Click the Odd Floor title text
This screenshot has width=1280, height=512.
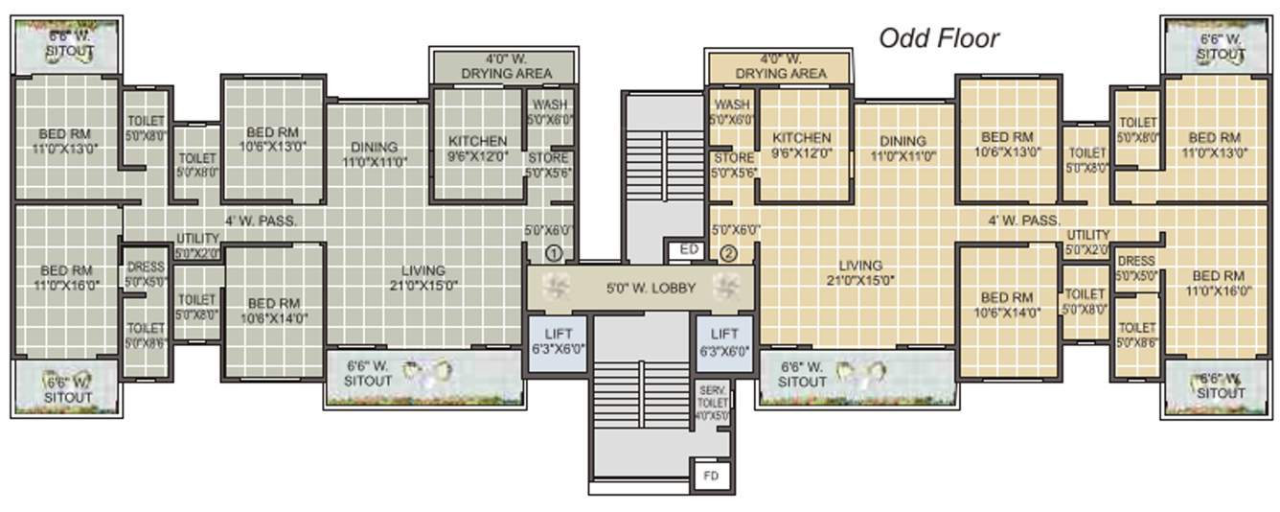pos(939,38)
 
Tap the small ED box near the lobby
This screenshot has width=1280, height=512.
pos(688,250)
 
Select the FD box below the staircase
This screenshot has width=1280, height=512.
pos(710,474)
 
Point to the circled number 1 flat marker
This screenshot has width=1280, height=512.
pos(553,254)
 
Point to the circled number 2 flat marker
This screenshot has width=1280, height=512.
pos(728,254)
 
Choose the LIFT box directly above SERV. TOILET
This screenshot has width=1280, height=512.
pos(724,341)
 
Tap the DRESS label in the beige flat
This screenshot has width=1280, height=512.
pos(1135,268)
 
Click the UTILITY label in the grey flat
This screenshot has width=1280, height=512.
pos(197,246)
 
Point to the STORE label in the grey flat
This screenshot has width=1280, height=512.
pos(548,165)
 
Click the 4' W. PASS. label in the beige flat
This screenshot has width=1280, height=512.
pos(1024,221)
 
